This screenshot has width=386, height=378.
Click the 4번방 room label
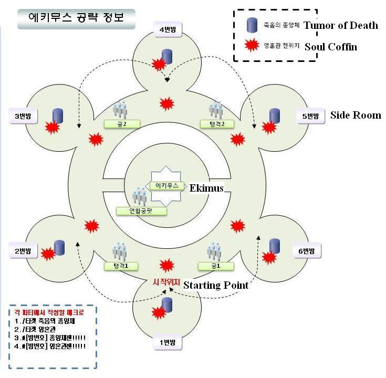coord(168,30)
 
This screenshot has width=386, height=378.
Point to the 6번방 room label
coord(306,251)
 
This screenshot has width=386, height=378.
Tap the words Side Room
coord(356,115)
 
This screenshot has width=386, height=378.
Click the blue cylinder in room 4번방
coord(168,56)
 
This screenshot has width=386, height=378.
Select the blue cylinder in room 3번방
coord(58,115)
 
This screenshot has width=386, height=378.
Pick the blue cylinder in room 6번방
coord(274,246)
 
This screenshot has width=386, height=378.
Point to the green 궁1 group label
coord(215,266)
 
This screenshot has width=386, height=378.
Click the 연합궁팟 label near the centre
coord(141,211)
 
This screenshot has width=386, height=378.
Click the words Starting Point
coord(215,285)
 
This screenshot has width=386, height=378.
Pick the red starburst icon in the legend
coord(252,46)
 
